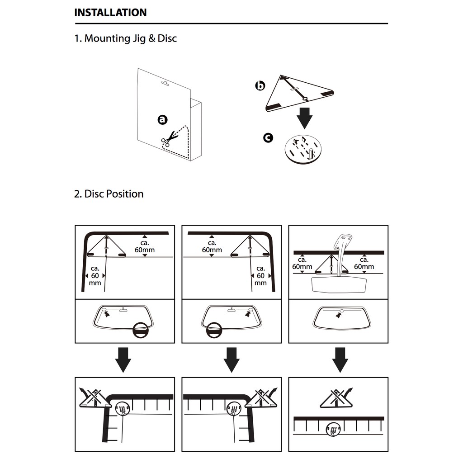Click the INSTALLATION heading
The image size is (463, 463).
click(x=110, y=13)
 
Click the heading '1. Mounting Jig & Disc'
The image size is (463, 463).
click(x=125, y=38)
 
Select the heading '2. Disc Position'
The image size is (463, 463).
click(x=109, y=194)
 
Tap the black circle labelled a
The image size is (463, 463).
click(x=162, y=119)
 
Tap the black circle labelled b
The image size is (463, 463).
click(x=260, y=85)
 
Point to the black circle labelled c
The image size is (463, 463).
click(x=268, y=137)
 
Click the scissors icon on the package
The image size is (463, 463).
click(x=168, y=139)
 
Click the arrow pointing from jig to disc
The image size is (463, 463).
click(x=305, y=118)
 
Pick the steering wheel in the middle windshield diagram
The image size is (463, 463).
click(x=215, y=330)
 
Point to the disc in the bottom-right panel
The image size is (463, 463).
click(x=334, y=429)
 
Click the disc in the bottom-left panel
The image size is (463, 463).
click(x=123, y=409)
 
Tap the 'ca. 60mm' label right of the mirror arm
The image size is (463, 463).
click(x=364, y=263)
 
